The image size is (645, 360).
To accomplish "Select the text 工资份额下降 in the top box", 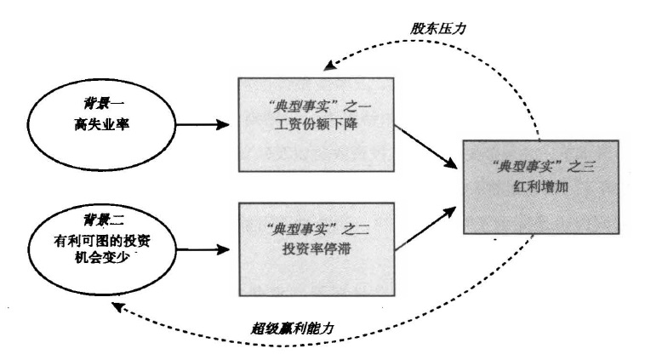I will [x=317, y=128].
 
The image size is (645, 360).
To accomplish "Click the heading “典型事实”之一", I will [x=317, y=106].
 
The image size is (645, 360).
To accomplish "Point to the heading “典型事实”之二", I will [x=317, y=229].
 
